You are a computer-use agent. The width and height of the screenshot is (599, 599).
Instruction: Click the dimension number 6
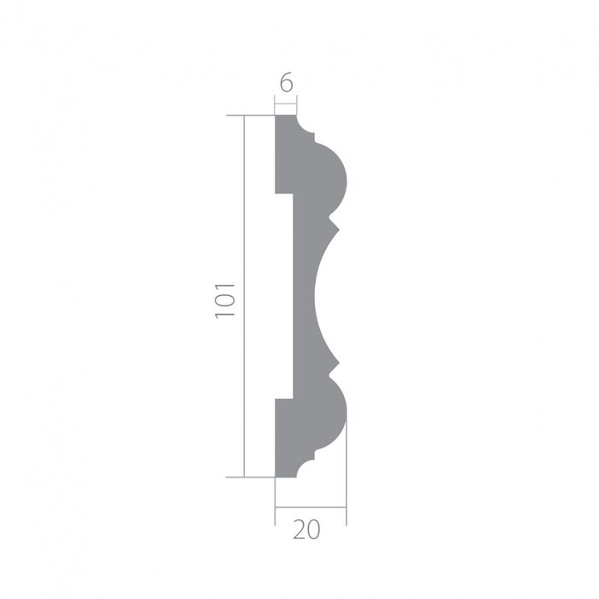tap(286, 82)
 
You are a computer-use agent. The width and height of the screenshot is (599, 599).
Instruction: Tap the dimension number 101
tap(224, 300)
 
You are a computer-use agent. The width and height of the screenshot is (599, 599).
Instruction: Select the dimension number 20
tap(306, 531)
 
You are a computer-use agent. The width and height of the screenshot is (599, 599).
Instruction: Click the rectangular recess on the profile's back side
tap(284, 296)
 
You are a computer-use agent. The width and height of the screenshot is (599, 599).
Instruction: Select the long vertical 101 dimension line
tap(244, 296)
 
